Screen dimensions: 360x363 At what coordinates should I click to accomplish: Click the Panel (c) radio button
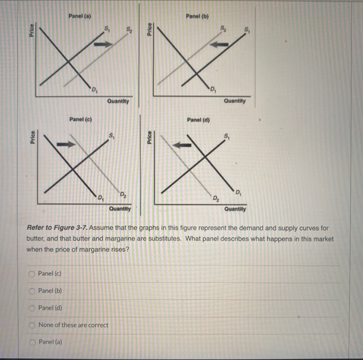(32, 273)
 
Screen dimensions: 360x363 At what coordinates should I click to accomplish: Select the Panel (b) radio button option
(32, 290)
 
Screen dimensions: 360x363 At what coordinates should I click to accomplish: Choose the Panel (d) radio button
(32, 308)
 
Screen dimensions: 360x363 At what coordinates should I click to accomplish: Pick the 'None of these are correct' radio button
(32, 325)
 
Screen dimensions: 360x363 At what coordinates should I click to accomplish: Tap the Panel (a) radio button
(32, 342)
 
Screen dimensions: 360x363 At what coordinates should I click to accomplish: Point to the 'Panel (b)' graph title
(197, 16)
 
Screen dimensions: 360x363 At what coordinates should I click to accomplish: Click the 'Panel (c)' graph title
(80, 120)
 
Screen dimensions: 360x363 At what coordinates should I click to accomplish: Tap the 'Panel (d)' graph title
(198, 120)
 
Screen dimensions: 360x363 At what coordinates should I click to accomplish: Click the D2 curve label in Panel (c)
(122, 195)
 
